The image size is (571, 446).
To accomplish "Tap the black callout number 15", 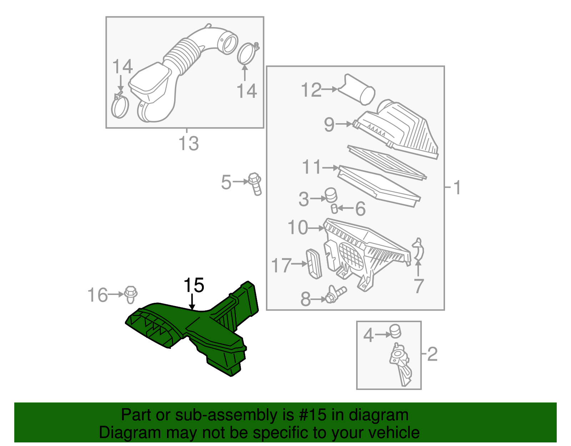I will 193,286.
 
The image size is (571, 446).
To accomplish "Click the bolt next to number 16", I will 131,295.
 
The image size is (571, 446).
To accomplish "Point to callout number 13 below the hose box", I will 188,144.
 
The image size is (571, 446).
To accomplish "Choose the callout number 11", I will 312,167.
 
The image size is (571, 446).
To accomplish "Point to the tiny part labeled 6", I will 334,209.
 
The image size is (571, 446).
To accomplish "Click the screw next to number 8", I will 335,295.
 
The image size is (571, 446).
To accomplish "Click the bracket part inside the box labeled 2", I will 401,364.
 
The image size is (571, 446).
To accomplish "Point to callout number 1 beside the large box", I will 457,187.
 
